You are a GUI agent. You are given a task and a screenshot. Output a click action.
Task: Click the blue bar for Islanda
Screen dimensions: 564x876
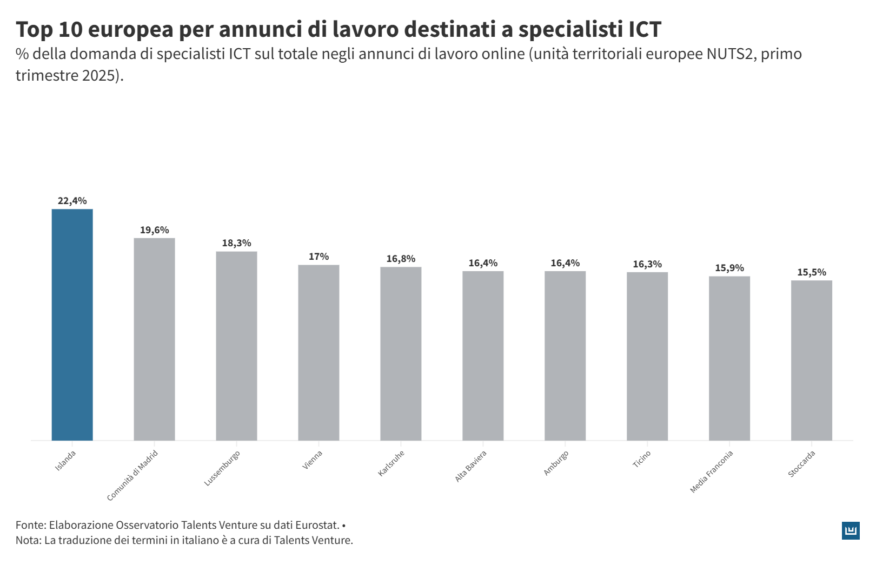72,325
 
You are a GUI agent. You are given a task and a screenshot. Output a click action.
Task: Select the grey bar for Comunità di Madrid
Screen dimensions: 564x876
154,339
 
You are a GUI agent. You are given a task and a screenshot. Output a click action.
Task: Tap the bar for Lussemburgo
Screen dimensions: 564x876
236,346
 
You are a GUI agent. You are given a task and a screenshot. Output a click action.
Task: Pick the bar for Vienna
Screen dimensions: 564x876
318,352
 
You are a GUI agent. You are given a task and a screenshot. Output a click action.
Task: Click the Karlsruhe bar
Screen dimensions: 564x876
401,353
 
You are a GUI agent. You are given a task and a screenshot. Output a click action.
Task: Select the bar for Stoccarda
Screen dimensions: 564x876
811,360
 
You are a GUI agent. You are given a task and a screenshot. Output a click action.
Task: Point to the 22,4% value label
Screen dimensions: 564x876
72,201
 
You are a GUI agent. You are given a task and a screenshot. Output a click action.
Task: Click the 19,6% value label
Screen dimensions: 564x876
154,230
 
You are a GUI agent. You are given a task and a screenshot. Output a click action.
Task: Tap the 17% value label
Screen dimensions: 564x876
318,257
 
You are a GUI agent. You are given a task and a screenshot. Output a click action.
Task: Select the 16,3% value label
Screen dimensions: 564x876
647,264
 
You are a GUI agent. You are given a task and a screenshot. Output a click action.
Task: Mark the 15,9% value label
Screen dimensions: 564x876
729,268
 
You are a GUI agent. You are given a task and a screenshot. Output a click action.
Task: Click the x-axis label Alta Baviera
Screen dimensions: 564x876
471,466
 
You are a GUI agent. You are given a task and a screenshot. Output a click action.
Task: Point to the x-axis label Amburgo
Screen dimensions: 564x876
556,463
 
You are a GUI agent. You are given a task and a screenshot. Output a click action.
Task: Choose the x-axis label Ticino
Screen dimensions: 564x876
642,460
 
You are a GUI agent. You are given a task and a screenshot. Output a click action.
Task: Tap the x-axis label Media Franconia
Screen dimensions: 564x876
712,471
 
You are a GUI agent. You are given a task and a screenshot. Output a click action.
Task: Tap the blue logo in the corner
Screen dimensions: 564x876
851,530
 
